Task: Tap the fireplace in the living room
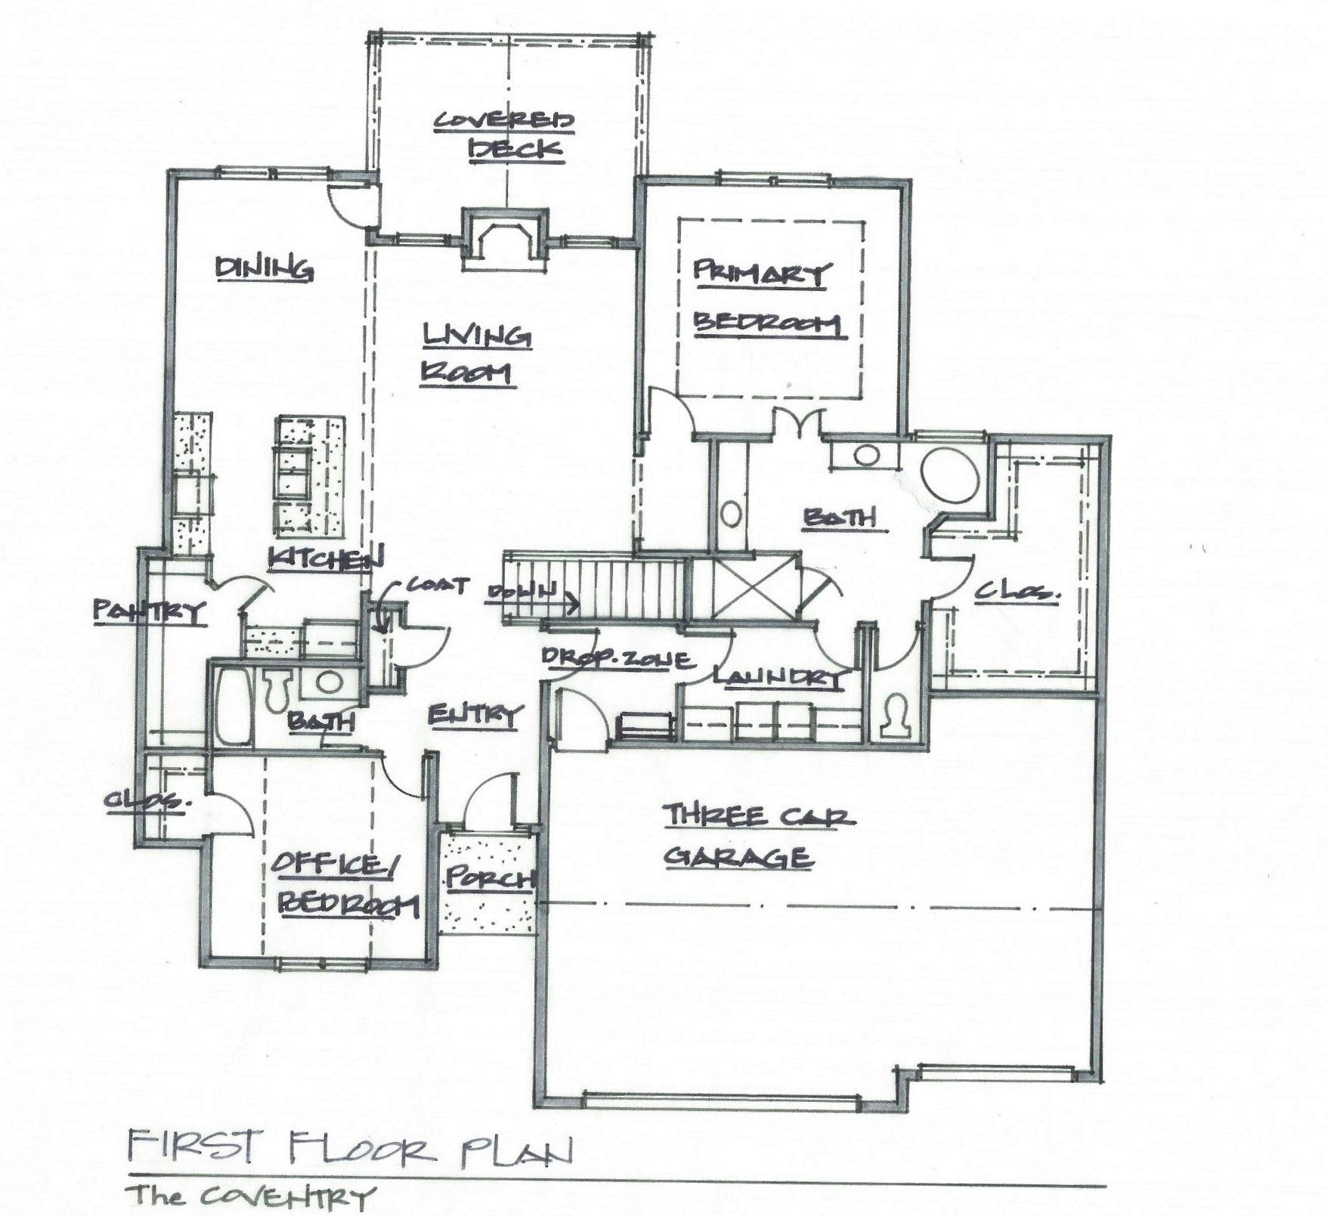pos(505,240)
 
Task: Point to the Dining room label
pos(264,268)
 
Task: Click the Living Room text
pos(474,354)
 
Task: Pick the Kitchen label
pos(325,558)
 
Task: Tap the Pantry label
pos(149,611)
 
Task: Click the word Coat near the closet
pos(438,584)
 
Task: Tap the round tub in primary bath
pos(951,474)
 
